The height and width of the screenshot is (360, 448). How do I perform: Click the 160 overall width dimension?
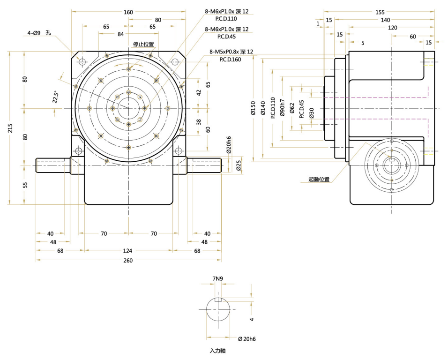[x=128, y=12]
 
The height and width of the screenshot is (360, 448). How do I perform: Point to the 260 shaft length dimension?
[x=128, y=260]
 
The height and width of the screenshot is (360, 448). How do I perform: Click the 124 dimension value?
[x=128, y=251]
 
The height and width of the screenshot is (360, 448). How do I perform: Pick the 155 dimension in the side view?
[x=380, y=12]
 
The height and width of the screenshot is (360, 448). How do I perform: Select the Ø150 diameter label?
[x=253, y=109]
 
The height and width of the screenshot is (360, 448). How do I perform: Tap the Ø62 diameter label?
[x=292, y=108]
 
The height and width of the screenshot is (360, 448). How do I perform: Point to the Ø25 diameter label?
[x=239, y=165]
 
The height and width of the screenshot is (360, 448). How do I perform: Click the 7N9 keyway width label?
[x=217, y=278]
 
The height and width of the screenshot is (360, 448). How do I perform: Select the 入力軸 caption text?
[x=217, y=350]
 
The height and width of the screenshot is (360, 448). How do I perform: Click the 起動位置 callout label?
[x=319, y=179]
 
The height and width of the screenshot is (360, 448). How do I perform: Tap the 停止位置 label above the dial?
[x=143, y=44]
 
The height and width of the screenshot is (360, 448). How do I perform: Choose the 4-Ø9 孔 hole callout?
[x=39, y=33]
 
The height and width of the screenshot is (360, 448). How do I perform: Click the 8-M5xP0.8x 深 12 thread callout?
[x=231, y=52]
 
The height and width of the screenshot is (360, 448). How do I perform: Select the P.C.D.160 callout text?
[x=230, y=60]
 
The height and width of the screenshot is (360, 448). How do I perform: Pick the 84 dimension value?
[x=121, y=34]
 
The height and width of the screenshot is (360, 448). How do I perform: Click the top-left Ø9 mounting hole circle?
[x=82, y=62]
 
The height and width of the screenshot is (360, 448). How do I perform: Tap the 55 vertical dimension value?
[x=25, y=185]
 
